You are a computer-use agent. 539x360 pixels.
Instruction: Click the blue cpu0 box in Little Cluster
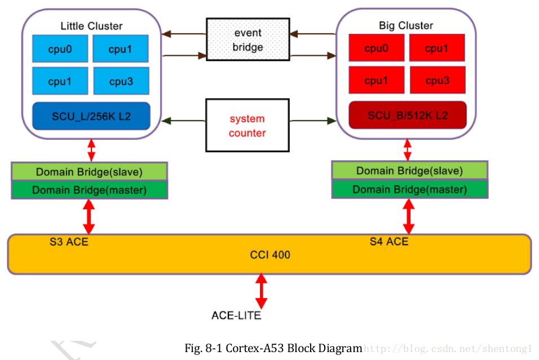tap(60, 49)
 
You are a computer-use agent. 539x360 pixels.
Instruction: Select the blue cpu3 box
tap(121, 81)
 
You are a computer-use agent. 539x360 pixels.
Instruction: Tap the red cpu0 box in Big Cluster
tap(376, 48)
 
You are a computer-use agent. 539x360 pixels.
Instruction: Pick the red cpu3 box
tap(437, 80)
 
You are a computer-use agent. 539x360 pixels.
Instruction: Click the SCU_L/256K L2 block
tap(91, 116)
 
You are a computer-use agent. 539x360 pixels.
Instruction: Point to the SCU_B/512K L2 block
tap(408, 115)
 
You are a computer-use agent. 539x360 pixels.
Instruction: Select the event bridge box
tap(248, 39)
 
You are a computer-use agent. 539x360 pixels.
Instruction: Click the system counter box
tap(247, 126)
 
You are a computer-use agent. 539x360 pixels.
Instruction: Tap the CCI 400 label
tap(270, 255)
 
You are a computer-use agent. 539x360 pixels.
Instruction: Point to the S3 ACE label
tap(69, 243)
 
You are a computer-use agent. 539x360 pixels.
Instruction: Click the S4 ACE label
tap(389, 242)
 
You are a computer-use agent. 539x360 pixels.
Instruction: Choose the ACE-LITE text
tap(236, 315)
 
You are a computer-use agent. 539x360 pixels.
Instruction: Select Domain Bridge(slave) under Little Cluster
tap(89, 172)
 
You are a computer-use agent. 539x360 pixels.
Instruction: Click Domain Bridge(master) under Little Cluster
tap(89, 190)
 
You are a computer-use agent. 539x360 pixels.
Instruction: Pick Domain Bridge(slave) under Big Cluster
tap(409, 170)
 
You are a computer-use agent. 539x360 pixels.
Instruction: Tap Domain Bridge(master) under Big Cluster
tap(409, 190)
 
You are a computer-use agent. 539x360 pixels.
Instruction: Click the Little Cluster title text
tap(91, 26)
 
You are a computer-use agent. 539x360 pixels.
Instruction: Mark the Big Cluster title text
tap(406, 25)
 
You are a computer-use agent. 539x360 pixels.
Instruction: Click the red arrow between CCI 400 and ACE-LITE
tap(261, 291)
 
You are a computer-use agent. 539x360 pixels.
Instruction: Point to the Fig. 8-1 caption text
tap(273, 348)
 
